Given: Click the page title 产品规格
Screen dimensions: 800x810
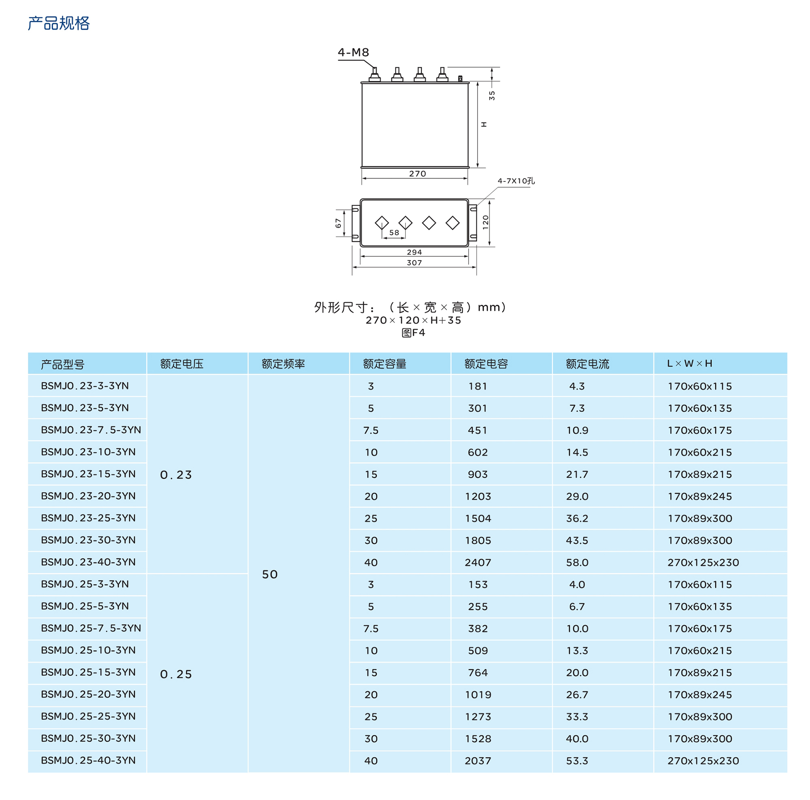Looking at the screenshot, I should click(58, 23).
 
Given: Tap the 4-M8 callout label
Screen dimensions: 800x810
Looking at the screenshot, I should click(353, 52).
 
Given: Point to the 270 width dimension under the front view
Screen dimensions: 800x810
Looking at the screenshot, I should click(417, 174).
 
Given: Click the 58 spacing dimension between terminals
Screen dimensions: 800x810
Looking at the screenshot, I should click(394, 232).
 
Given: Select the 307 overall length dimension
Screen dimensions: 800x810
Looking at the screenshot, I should click(414, 263).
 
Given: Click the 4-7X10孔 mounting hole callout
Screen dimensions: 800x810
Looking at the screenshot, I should click(516, 181).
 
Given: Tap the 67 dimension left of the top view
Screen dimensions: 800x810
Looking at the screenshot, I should click(338, 223).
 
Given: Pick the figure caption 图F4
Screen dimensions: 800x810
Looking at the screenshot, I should click(414, 333).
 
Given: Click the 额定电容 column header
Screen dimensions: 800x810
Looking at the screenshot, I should click(486, 363).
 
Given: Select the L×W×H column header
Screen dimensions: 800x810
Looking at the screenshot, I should click(689, 363).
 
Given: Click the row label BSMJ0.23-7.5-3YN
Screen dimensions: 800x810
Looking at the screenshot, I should click(91, 430).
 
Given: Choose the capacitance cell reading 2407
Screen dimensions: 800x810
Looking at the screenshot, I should click(477, 562).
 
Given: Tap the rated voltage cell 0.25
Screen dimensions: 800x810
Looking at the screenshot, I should click(176, 674).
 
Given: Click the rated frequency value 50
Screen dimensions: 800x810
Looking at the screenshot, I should click(270, 574).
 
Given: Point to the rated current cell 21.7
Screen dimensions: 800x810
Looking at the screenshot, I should click(577, 474).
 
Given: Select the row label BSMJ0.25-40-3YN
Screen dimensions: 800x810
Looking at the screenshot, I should click(88, 760).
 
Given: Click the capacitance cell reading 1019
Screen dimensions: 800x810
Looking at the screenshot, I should click(477, 695).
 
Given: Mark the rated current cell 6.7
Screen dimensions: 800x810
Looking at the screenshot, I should click(577, 606).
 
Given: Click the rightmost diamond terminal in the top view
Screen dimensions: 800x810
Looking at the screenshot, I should click(452, 223).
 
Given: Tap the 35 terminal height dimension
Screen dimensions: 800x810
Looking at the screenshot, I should click(492, 96).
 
